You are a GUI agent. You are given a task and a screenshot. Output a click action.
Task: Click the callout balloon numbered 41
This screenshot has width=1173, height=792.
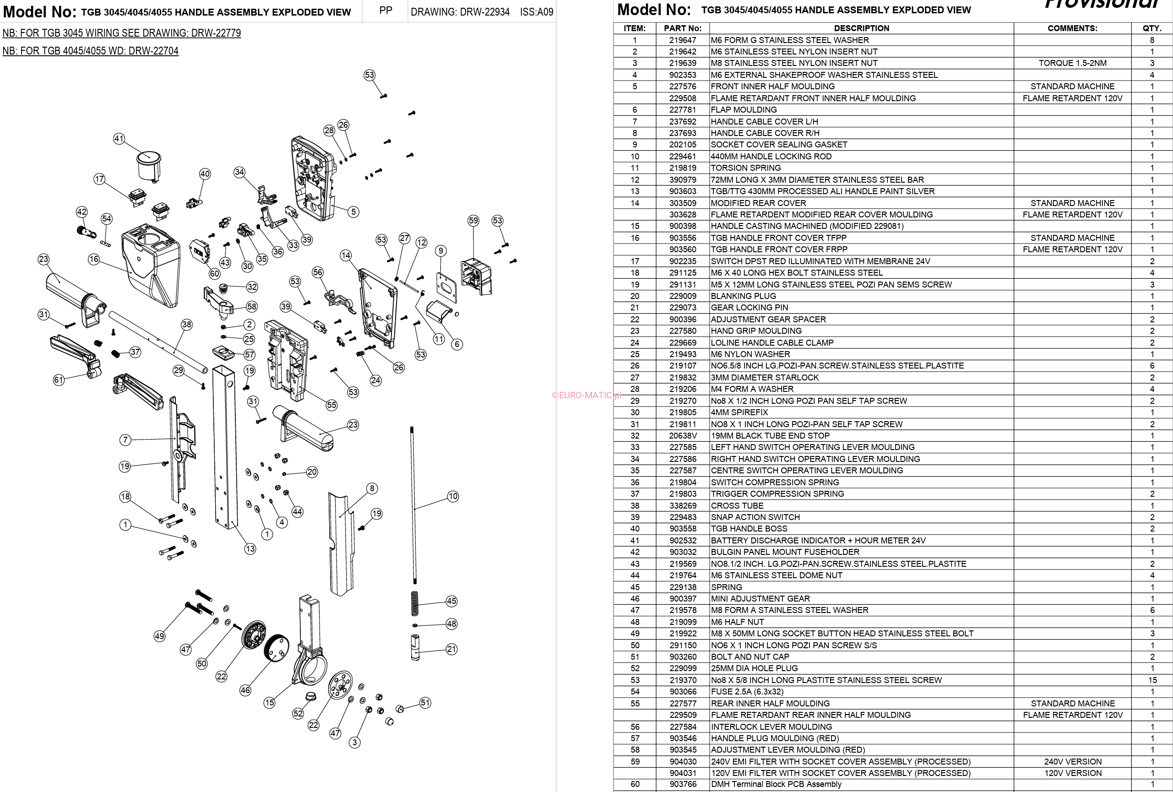tap(119, 138)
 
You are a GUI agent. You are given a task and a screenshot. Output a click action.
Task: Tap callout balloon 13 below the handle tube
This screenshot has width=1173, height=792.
tap(250, 549)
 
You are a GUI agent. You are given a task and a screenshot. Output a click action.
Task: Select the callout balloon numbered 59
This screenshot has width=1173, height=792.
tap(473, 221)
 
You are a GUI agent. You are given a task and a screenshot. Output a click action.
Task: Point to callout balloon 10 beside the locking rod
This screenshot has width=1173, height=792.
tap(453, 496)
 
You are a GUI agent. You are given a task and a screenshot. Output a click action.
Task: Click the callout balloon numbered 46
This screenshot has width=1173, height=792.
tap(245, 690)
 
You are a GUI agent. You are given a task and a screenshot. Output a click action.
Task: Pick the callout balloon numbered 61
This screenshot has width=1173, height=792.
tap(59, 380)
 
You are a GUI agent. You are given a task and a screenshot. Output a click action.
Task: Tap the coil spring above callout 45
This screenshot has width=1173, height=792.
tap(415, 603)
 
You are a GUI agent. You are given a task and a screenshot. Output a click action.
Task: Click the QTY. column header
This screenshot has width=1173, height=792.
tap(1152, 28)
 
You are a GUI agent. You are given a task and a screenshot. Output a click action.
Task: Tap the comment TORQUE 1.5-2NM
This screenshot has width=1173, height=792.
tap(1072, 63)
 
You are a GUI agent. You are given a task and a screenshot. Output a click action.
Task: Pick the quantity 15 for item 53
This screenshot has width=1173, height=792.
tap(1152, 680)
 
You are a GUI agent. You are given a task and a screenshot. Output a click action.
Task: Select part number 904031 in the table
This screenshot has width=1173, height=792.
tap(683, 773)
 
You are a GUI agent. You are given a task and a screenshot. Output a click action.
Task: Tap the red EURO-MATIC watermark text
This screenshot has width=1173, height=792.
tap(586, 395)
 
